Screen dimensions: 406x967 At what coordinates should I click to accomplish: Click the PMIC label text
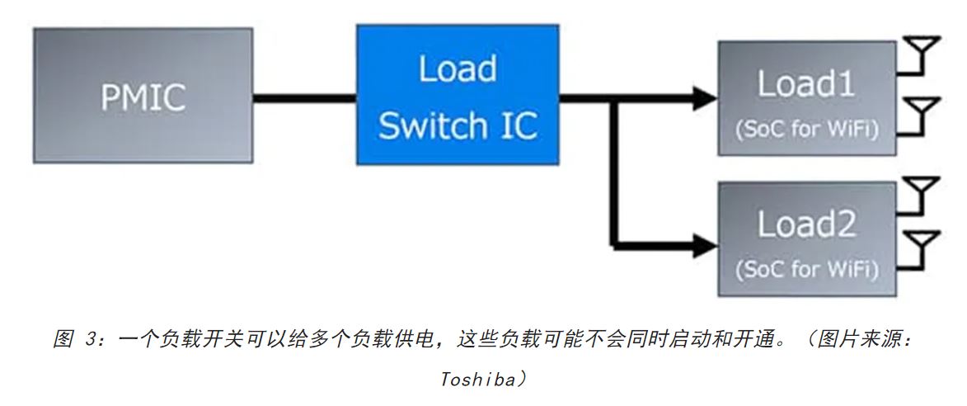[143, 97]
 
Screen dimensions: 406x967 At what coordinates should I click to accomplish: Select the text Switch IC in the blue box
[458, 125]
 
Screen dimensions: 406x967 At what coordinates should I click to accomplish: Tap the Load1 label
[805, 84]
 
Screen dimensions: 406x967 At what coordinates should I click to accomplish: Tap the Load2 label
[805, 224]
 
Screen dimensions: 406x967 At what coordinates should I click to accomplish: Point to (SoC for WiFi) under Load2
[805, 269]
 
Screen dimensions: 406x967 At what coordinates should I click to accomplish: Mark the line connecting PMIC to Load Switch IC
[304, 98]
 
